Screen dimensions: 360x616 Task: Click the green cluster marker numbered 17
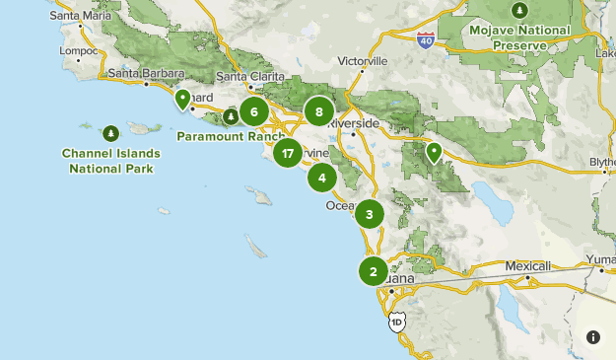click(287, 153)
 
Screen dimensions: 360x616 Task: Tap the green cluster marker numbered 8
click(319, 111)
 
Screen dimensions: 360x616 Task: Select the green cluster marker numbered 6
click(253, 111)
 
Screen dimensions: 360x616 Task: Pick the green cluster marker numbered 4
click(321, 179)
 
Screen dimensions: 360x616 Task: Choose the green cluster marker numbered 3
click(370, 214)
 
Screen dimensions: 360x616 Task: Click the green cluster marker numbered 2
click(374, 271)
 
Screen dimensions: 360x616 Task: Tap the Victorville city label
click(365, 60)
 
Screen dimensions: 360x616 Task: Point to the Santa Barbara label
click(147, 73)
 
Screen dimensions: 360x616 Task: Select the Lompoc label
click(79, 50)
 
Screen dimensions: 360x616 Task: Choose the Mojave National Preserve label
click(520, 37)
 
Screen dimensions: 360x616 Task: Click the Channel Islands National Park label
click(110, 161)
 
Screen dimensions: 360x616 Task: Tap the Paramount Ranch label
click(224, 136)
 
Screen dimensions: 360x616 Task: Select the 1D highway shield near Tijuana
click(396, 323)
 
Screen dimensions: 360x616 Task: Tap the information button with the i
click(593, 337)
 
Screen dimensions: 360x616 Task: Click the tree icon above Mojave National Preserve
click(520, 10)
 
